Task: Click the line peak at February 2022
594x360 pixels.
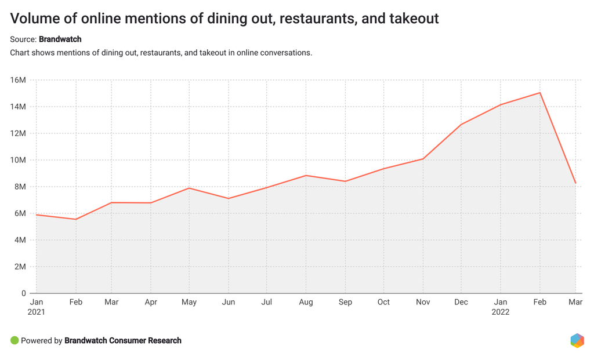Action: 540,93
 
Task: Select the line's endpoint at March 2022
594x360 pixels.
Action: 575,183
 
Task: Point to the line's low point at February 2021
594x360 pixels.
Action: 75,219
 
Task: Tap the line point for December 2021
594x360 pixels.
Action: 462,125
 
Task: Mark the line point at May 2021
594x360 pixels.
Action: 189,188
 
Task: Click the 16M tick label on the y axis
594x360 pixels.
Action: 19,80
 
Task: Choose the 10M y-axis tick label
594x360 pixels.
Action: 19,160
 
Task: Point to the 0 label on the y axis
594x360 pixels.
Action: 24,293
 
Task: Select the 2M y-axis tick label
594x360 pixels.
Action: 19,267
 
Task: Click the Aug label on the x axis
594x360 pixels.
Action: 306,302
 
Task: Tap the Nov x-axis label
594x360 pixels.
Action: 423,302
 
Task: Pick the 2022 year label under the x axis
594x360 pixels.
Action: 501,312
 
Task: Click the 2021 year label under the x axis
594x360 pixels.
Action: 36,312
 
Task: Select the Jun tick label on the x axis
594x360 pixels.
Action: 229,302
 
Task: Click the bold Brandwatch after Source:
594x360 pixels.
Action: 60,39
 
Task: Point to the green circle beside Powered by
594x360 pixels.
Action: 15,340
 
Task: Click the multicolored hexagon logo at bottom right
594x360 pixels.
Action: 577,340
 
